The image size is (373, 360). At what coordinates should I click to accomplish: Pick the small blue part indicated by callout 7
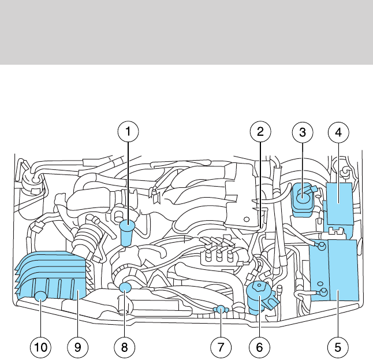coord(220,310)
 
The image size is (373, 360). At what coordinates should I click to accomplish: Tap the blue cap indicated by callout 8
coord(126,288)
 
